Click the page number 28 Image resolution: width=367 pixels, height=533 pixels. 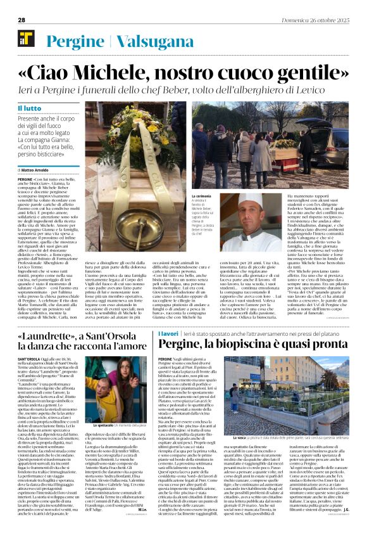click(x=22, y=20)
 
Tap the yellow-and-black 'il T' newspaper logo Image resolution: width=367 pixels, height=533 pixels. click(x=25, y=39)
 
